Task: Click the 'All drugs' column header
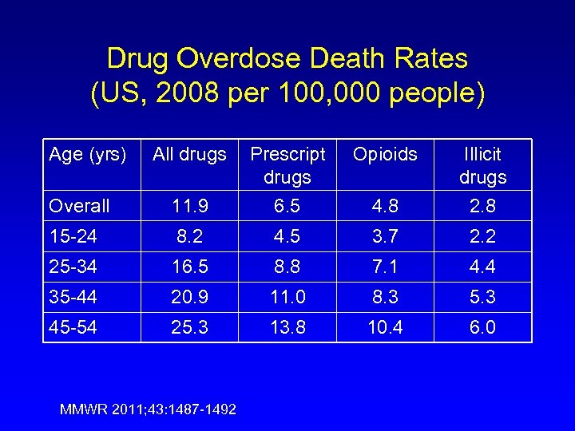pyautogui.click(x=189, y=154)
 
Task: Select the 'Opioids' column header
pyautogui.click(x=385, y=154)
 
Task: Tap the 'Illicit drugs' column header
pyautogui.click(x=482, y=164)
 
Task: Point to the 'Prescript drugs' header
pyautogui.click(x=287, y=164)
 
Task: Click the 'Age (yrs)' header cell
pyautogui.click(x=88, y=154)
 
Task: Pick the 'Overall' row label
pyautogui.click(x=79, y=206)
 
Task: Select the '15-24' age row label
pyautogui.click(x=72, y=236)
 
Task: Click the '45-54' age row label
pyautogui.click(x=72, y=327)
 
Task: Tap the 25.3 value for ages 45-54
pyautogui.click(x=189, y=327)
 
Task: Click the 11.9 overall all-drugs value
pyautogui.click(x=189, y=206)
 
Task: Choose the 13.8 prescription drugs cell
pyautogui.click(x=287, y=327)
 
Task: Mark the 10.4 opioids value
pyautogui.click(x=385, y=327)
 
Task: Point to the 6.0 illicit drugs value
pyautogui.click(x=482, y=327)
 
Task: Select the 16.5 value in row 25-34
pyautogui.click(x=189, y=267)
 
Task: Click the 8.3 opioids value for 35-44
pyautogui.click(x=385, y=297)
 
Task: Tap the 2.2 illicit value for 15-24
pyautogui.click(x=482, y=236)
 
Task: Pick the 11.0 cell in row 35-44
pyautogui.click(x=287, y=297)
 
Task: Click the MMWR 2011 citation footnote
pyautogui.click(x=148, y=409)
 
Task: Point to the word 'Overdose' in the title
pyautogui.click(x=248, y=58)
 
